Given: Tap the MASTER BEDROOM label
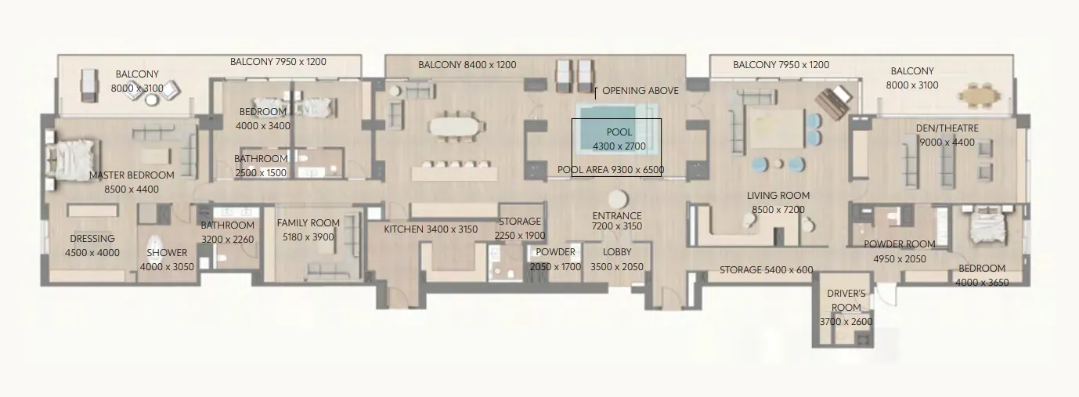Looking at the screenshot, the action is point(132,175).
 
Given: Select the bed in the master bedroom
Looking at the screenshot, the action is point(72,158).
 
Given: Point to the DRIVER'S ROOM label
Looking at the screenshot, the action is point(846,300).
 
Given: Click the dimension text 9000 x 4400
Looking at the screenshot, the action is point(947,143).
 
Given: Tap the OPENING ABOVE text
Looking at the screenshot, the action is point(641,91).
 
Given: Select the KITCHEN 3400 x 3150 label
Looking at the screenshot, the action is point(431,229).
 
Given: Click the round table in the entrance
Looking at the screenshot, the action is point(618,200).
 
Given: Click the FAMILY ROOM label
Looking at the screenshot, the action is point(309,223).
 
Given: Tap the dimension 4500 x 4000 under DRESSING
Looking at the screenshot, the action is point(92,253).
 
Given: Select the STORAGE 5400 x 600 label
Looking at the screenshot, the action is point(767,270).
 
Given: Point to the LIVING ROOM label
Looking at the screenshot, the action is point(778,196).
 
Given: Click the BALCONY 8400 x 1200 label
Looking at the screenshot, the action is point(467,65).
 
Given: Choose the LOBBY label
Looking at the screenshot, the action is point(617,252).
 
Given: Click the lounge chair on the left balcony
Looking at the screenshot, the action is point(89,85).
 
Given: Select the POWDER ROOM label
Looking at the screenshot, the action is point(900,244).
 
